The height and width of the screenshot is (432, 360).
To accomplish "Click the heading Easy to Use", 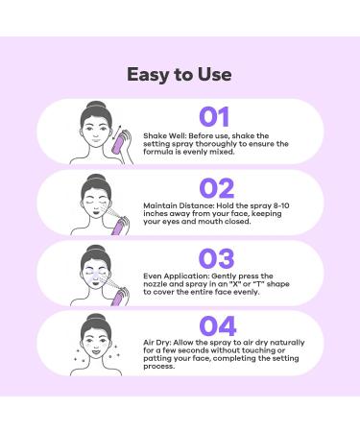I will click(x=180, y=74).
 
